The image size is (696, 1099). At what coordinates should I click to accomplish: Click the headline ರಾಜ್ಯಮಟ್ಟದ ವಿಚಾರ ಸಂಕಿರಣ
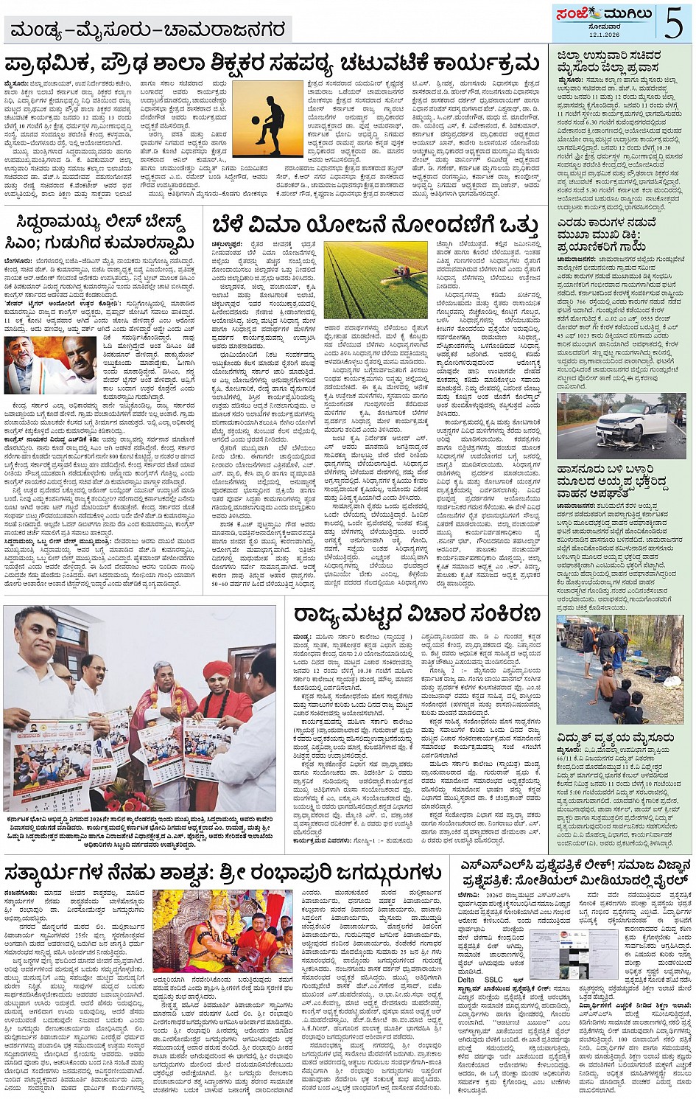[x=416, y=614]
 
